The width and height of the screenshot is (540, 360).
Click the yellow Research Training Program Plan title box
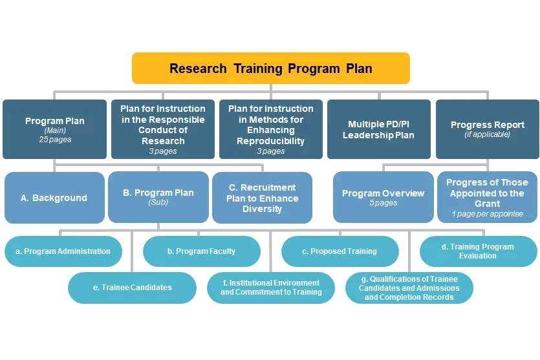[270, 69]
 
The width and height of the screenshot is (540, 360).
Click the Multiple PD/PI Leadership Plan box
[378, 129]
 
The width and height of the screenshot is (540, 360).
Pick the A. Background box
[54, 198]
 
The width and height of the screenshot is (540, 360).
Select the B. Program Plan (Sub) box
[158, 196]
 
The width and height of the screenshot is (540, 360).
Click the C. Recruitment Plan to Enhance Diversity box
[262, 198]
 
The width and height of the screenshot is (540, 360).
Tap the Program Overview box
[383, 196]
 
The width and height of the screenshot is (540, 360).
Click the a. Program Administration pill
[63, 251]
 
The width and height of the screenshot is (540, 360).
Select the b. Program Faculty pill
[201, 251]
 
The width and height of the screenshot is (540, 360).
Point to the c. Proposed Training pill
[340, 251]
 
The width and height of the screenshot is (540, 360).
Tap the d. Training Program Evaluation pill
[478, 251]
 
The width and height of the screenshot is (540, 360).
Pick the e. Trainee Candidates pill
[132, 288]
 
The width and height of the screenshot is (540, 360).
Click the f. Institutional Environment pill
[270, 288]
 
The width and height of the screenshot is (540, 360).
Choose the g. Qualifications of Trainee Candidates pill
[409, 288]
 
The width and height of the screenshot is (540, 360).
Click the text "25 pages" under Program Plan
[55, 139]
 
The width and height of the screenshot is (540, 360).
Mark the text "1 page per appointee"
[487, 214]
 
